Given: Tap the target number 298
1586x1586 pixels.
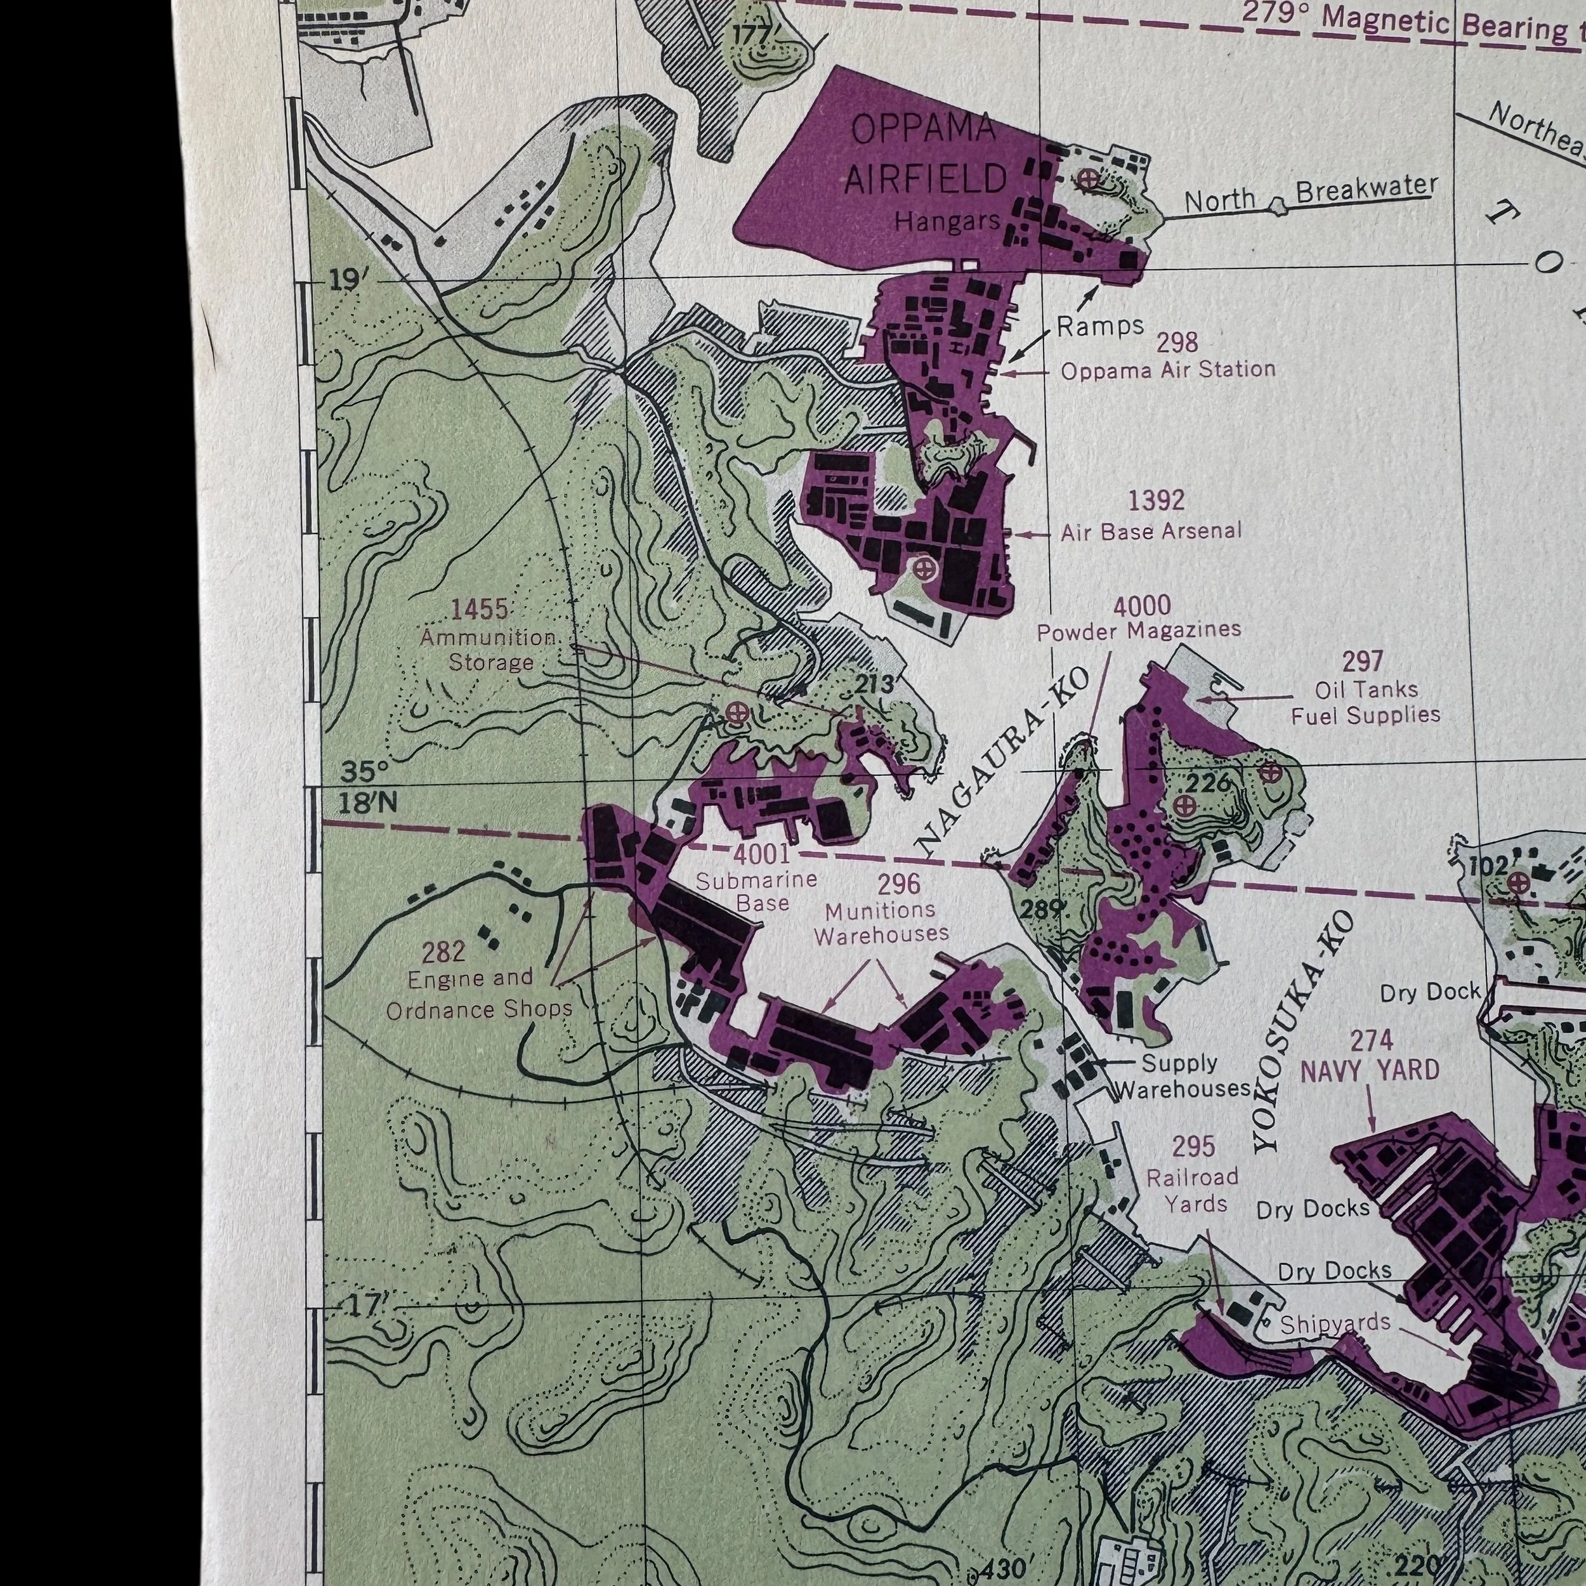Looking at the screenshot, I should [1176, 343].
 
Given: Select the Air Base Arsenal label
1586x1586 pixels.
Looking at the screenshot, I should [1150, 532].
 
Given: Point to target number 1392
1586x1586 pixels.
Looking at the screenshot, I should [1156, 500].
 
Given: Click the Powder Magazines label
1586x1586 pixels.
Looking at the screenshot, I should [1139, 631].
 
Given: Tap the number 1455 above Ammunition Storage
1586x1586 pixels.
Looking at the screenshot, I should [480, 609].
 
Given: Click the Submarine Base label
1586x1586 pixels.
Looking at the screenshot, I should [756, 891].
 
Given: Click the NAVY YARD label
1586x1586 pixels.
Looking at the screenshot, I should [1370, 1070].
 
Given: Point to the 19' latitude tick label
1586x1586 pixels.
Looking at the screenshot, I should [344, 280].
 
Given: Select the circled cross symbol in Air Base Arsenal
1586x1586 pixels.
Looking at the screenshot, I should [924, 567].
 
